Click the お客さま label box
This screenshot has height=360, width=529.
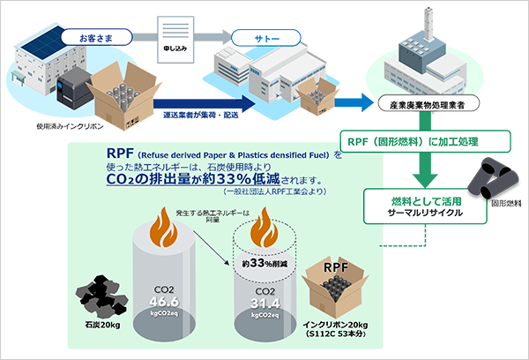pyautogui.click(x=95, y=38)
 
